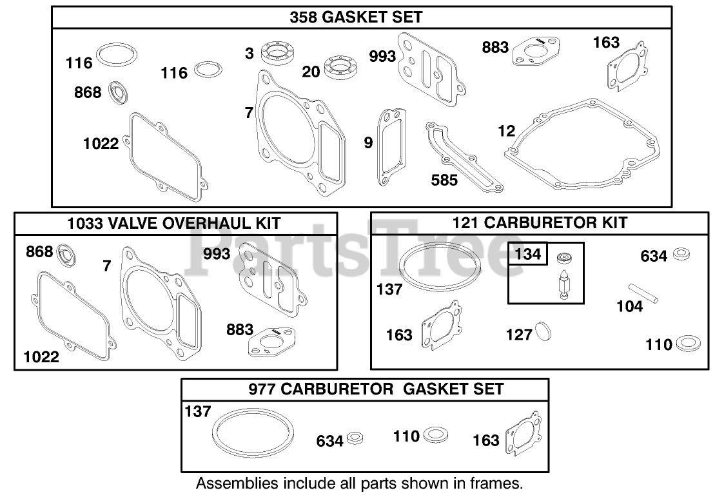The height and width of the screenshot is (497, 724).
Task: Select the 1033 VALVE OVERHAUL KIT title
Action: point(174,224)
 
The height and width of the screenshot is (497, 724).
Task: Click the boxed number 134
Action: point(528,254)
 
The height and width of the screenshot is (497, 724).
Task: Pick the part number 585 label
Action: point(444,180)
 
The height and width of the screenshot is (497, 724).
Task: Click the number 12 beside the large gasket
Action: point(507,131)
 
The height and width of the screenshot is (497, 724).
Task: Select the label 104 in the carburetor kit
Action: point(629,306)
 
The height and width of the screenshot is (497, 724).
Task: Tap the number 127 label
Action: point(519,335)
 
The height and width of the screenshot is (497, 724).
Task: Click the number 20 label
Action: point(311,72)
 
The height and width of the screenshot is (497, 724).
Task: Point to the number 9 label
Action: point(368,142)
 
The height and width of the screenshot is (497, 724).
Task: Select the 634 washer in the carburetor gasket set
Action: point(354,439)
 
